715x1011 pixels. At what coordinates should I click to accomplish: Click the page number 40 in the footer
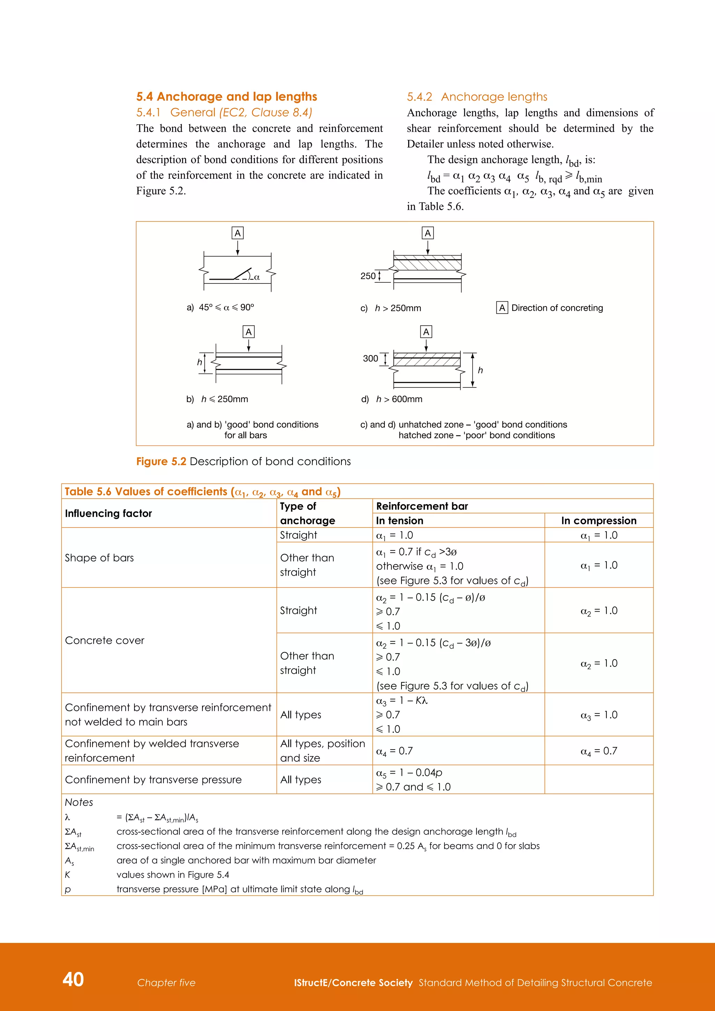tap(73, 979)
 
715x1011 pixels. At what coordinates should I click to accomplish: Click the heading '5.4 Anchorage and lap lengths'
tap(226, 96)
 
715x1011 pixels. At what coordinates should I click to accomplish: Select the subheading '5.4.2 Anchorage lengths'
tap(477, 97)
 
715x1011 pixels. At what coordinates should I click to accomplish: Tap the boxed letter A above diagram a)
tap(237, 233)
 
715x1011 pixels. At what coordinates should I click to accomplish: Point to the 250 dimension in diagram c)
tap(368, 276)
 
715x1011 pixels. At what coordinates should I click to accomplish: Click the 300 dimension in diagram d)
tap(370, 359)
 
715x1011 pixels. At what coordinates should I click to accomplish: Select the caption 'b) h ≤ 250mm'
tap(217, 399)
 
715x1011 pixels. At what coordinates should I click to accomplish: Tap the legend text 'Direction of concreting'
tap(556, 308)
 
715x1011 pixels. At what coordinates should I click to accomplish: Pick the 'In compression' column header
tap(598, 521)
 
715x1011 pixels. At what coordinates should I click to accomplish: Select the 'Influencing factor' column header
tap(108, 514)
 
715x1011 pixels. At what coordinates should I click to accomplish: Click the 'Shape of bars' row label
tap(99, 558)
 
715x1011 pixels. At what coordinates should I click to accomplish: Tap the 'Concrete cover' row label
tap(104, 640)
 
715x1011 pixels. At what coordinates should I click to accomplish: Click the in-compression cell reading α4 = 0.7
tap(598, 751)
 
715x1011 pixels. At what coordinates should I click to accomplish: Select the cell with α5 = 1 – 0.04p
tap(409, 773)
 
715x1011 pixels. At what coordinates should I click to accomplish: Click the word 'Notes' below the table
tap(79, 802)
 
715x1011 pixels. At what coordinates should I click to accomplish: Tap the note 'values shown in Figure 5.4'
tap(172, 875)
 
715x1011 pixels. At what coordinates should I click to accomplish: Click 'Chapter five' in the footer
tap(166, 983)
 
